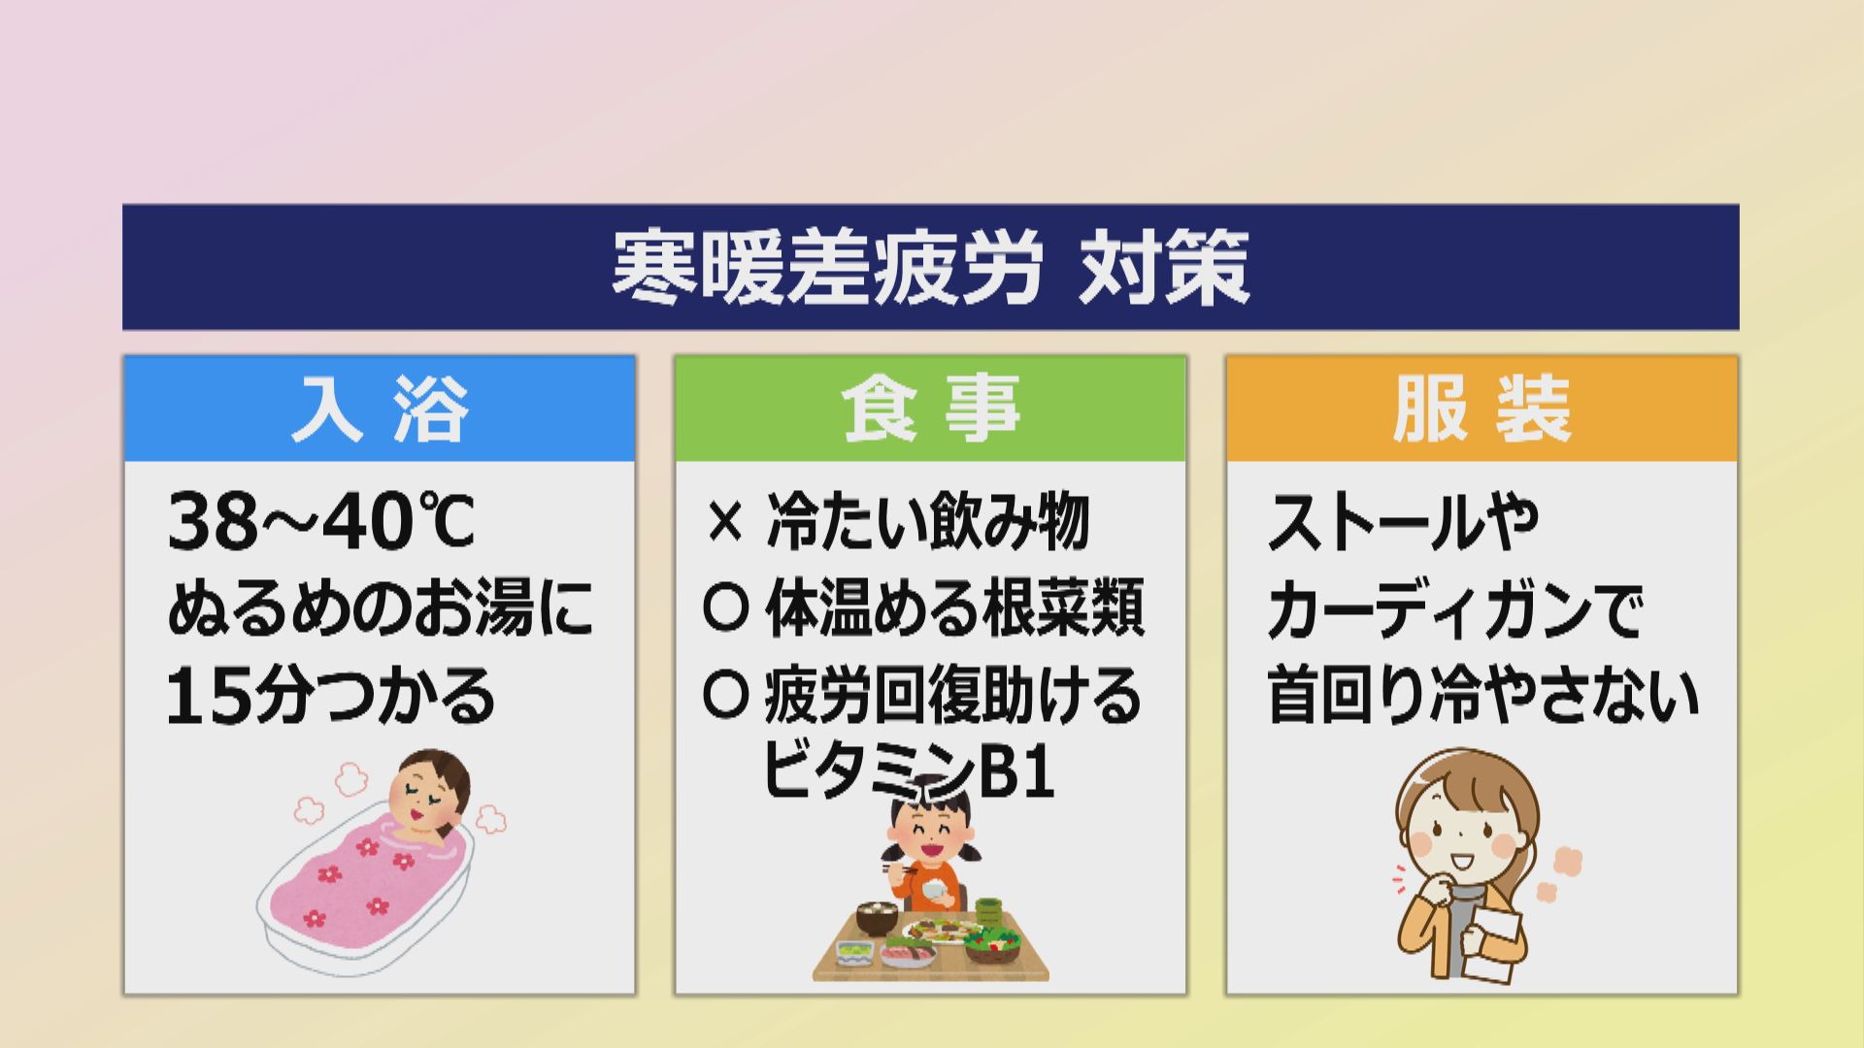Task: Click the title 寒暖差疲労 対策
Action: tap(930, 268)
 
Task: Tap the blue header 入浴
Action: tap(380, 409)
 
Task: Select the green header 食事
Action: tap(930, 409)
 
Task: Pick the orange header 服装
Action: tap(1481, 409)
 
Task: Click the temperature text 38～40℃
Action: tap(320, 522)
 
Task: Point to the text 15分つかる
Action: tap(330, 697)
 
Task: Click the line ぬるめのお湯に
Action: tap(380, 609)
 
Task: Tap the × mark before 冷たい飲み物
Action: tap(724, 522)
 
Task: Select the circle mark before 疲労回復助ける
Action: tap(725, 696)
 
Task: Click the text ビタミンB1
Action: tap(908, 771)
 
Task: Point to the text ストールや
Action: tap(1403, 522)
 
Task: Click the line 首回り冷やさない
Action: tap(1482, 696)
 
